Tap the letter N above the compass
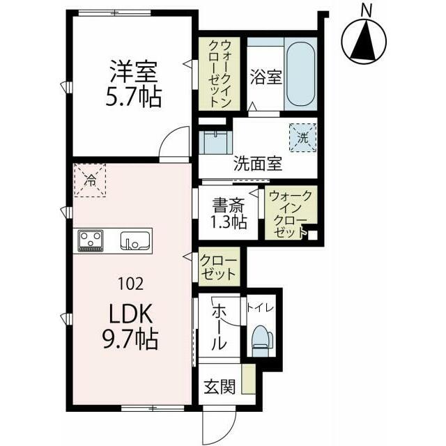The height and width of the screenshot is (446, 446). [x=367, y=10]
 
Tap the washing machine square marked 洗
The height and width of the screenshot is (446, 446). [x=302, y=137]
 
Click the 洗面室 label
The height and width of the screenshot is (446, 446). [x=257, y=164]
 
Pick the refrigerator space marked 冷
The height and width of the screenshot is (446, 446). [x=90, y=179]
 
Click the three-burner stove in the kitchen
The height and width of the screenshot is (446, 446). [x=91, y=240]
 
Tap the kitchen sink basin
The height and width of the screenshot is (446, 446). [x=134, y=241]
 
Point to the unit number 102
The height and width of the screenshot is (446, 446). [x=132, y=283]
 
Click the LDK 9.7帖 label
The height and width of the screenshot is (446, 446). [x=132, y=327]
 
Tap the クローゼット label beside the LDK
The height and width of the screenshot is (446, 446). [x=218, y=267]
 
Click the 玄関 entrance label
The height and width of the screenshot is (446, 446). [x=219, y=387]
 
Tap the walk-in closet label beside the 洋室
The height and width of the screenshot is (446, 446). [x=217, y=72]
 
